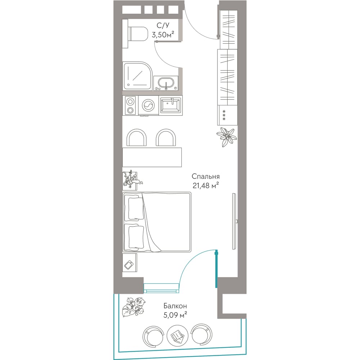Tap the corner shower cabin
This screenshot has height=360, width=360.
[138, 76]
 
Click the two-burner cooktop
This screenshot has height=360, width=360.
[130, 105]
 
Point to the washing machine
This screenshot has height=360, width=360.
[148, 105]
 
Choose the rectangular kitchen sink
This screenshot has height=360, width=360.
[171, 105]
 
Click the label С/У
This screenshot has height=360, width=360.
[163, 25]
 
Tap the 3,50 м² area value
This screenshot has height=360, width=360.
[163, 35]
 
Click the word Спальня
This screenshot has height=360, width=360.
[206, 176]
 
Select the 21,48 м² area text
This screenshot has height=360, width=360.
[206, 185]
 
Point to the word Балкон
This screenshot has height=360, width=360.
[175, 306]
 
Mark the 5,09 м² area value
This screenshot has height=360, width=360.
[175, 315]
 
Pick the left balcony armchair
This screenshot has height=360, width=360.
[153, 337]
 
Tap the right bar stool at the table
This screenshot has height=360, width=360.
[166, 138]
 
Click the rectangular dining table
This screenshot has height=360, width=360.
[152, 157]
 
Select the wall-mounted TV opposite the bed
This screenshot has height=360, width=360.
[234, 221]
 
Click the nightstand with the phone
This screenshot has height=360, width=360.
[130, 263]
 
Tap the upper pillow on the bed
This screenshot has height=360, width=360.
[136, 208]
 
